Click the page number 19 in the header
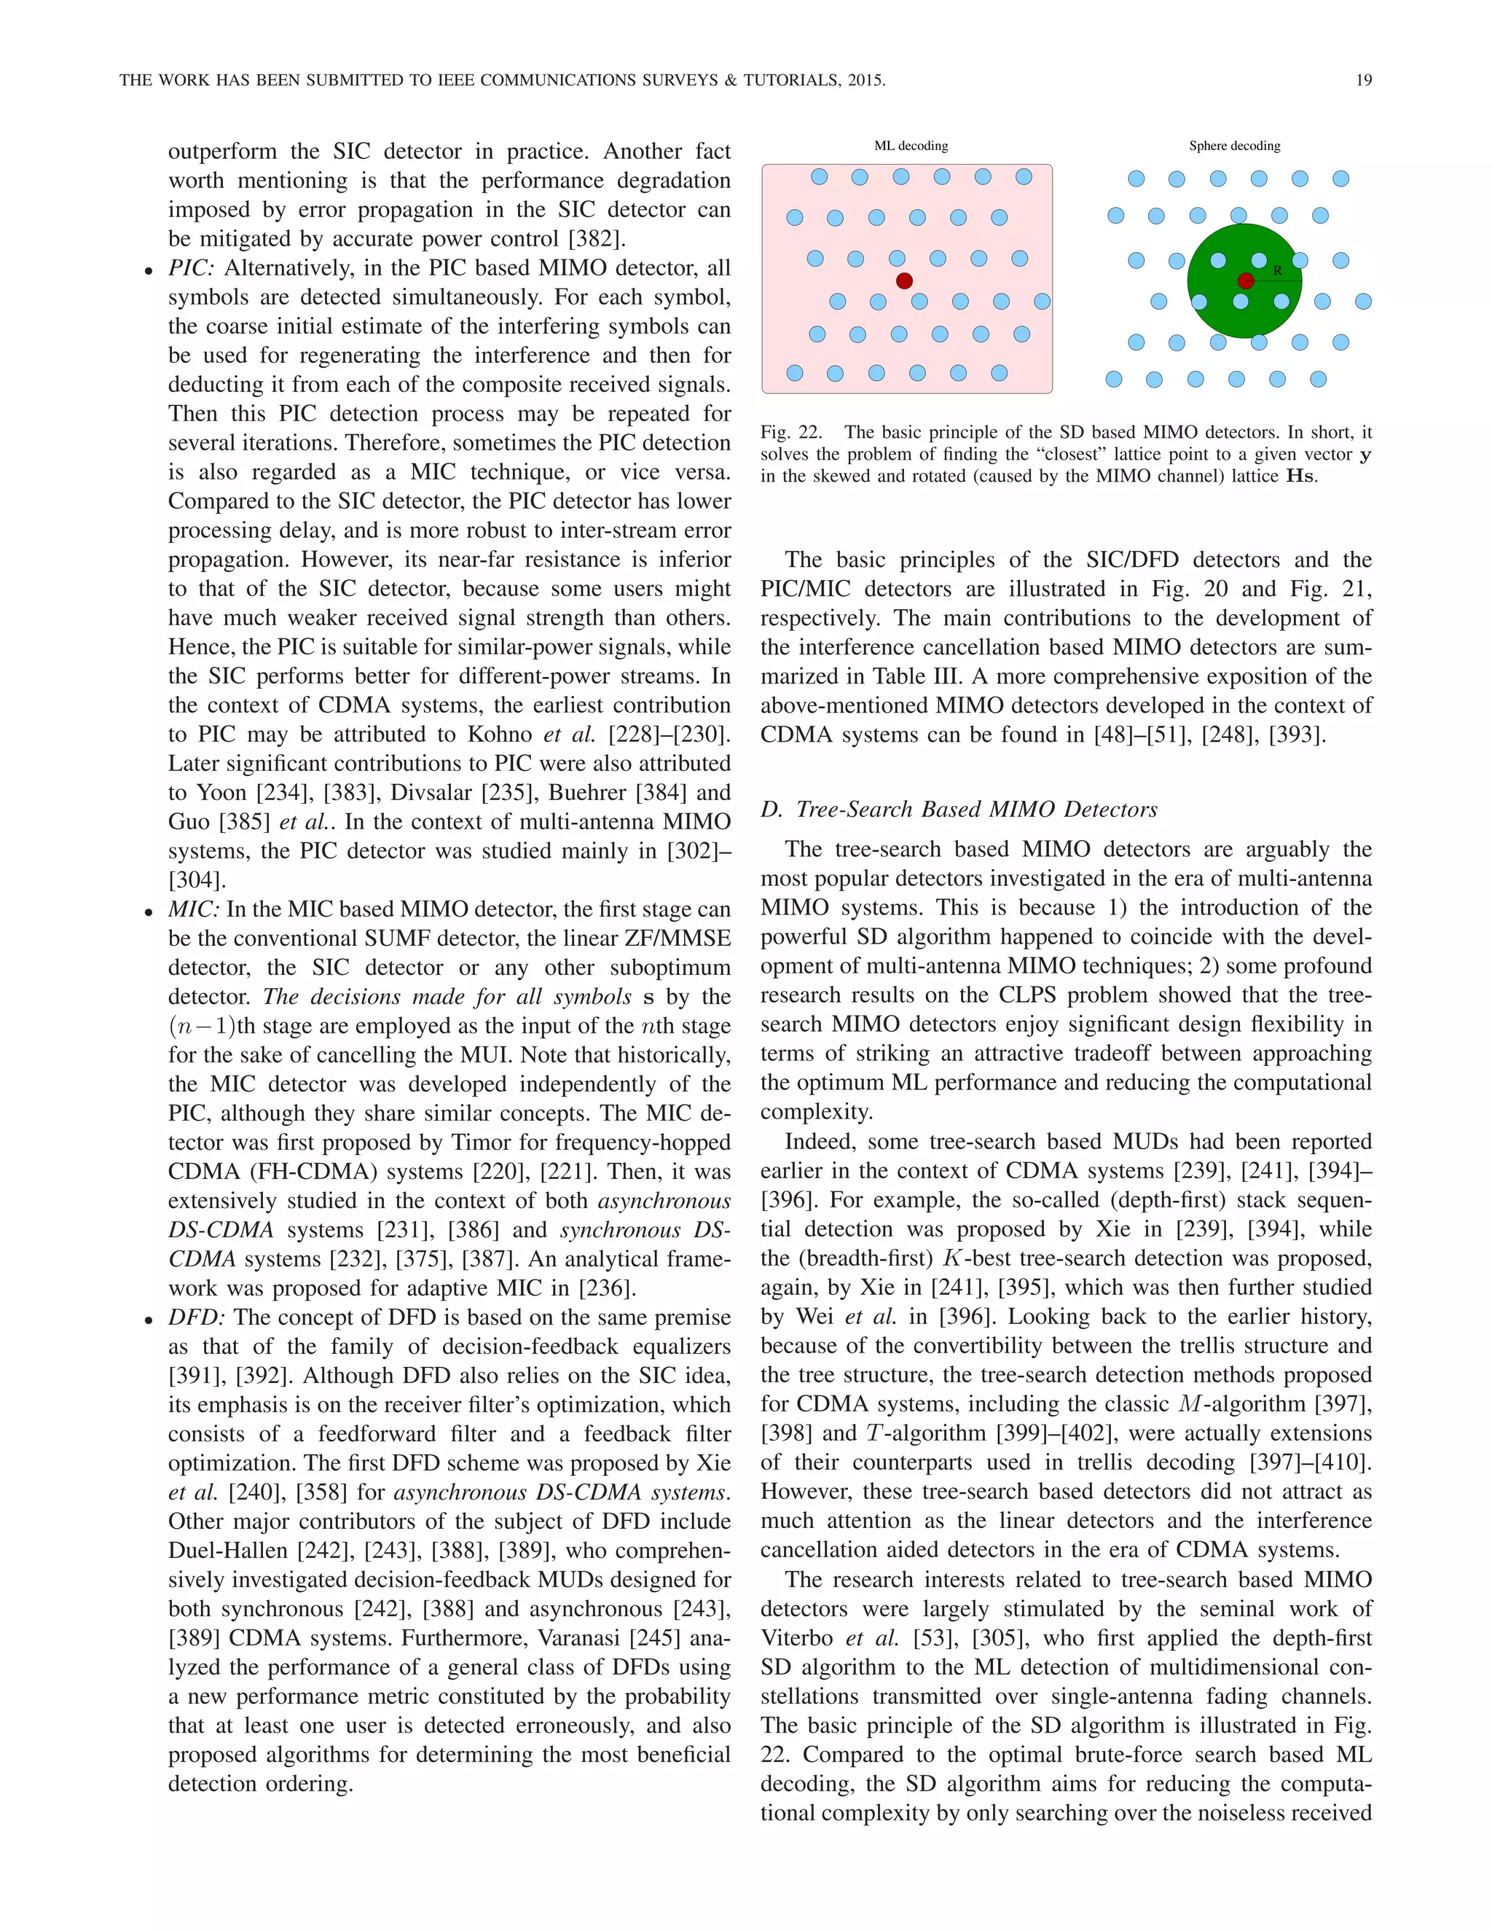[1363, 80]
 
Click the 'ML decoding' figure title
[911, 146]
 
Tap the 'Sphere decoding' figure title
[1234, 146]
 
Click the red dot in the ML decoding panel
[904, 281]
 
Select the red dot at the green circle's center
[1245, 281]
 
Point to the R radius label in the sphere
[1277, 270]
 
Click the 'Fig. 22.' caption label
[790, 432]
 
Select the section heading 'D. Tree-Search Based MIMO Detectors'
[958, 809]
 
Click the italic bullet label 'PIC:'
[192, 268]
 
